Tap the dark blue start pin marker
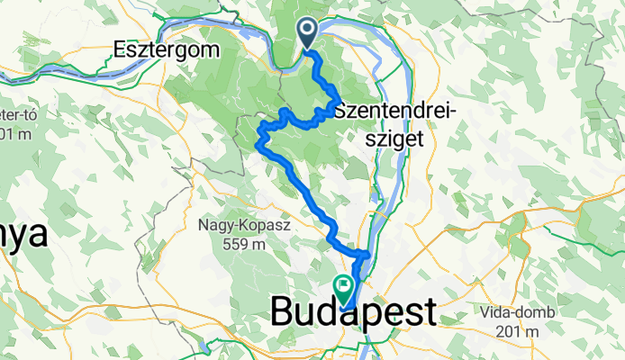[x=307, y=33]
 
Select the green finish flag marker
[x=343, y=287]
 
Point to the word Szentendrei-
[x=395, y=111]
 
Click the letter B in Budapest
[x=284, y=313]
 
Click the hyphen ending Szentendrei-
[x=456, y=112]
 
